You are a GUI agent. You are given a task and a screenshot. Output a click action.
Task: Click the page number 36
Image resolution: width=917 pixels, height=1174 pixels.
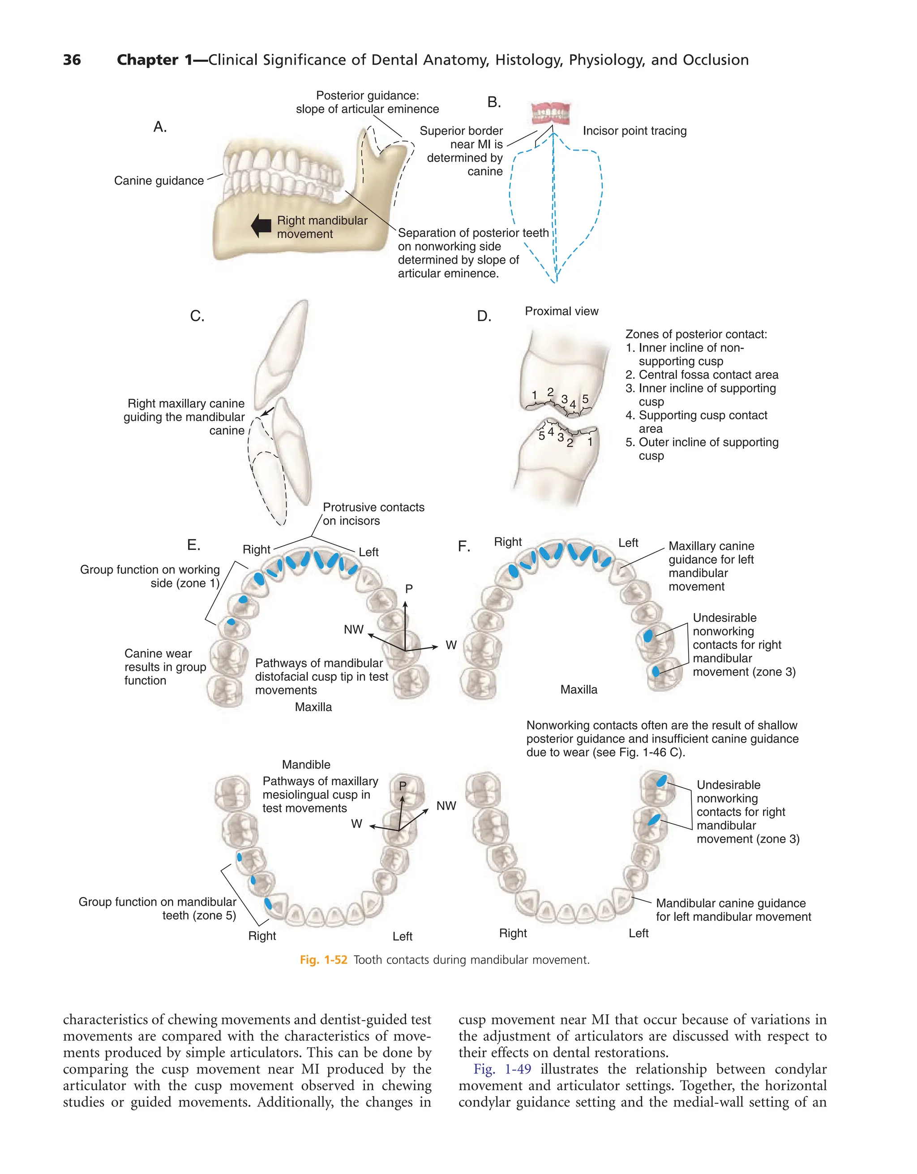click(x=72, y=60)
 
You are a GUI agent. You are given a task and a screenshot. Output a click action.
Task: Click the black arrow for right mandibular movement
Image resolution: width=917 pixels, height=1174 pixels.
click(x=261, y=226)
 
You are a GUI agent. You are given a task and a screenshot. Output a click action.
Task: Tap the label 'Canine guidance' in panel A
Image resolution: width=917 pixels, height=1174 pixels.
click(x=159, y=181)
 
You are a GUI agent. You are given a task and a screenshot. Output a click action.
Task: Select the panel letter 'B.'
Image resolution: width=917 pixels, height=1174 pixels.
click(x=494, y=102)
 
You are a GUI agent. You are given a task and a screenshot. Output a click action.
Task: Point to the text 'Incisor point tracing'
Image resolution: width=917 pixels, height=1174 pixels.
click(x=634, y=131)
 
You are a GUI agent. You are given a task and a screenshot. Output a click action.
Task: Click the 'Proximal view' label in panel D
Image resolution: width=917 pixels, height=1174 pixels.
click(x=561, y=311)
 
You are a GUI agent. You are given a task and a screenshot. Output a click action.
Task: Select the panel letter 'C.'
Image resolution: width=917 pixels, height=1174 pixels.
click(x=197, y=316)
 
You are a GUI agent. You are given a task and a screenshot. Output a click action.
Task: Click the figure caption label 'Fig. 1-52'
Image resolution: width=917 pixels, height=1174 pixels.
click(x=323, y=960)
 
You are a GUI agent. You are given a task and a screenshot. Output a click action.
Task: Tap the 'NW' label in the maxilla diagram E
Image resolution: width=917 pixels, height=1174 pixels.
click(x=353, y=630)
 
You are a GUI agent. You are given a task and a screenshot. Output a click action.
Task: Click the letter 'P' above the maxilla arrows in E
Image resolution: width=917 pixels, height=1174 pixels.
click(x=409, y=589)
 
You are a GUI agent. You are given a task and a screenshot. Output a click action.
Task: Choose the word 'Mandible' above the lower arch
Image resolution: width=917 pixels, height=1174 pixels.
click(x=306, y=764)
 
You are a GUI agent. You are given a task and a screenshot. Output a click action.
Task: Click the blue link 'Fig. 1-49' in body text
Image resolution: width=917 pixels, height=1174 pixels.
click(x=502, y=1069)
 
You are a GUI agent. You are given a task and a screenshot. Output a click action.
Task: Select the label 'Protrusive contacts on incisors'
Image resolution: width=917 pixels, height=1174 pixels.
click(x=373, y=514)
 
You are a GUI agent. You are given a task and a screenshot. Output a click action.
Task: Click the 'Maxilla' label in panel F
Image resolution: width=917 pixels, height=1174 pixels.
click(x=578, y=690)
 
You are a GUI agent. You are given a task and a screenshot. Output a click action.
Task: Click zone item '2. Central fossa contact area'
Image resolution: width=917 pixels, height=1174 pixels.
click(x=702, y=375)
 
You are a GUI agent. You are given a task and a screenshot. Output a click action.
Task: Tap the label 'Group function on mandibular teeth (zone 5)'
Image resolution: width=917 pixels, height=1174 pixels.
click(x=158, y=908)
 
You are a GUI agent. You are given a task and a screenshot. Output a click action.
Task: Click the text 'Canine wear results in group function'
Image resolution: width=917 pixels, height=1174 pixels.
click(x=165, y=667)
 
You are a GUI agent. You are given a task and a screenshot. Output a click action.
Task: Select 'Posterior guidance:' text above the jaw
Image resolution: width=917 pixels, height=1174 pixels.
click(x=368, y=96)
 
